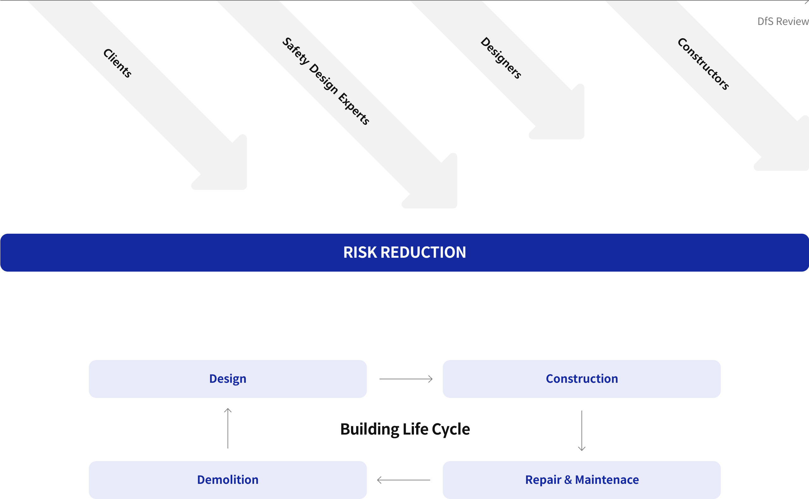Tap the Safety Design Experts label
(x=325, y=81)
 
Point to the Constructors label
(x=703, y=64)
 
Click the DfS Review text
(x=782, y=21)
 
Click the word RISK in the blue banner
(x=360, y=252)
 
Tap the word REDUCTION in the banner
(x=423, y=252)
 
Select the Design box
(x=228, y=379)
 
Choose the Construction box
(x=581, y=379)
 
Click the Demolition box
(x=228, y=480)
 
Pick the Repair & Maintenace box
(x=581, y=480)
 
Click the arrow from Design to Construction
(x=406, y=379)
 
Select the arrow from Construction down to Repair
(x=581, y=430)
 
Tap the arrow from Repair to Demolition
(x=403, y=480)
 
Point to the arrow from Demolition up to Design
(x=228, y=428)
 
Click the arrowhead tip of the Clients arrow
(x=231, y=171)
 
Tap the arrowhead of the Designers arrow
(x=568, y=122)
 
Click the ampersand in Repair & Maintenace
(x=568, y=480)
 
